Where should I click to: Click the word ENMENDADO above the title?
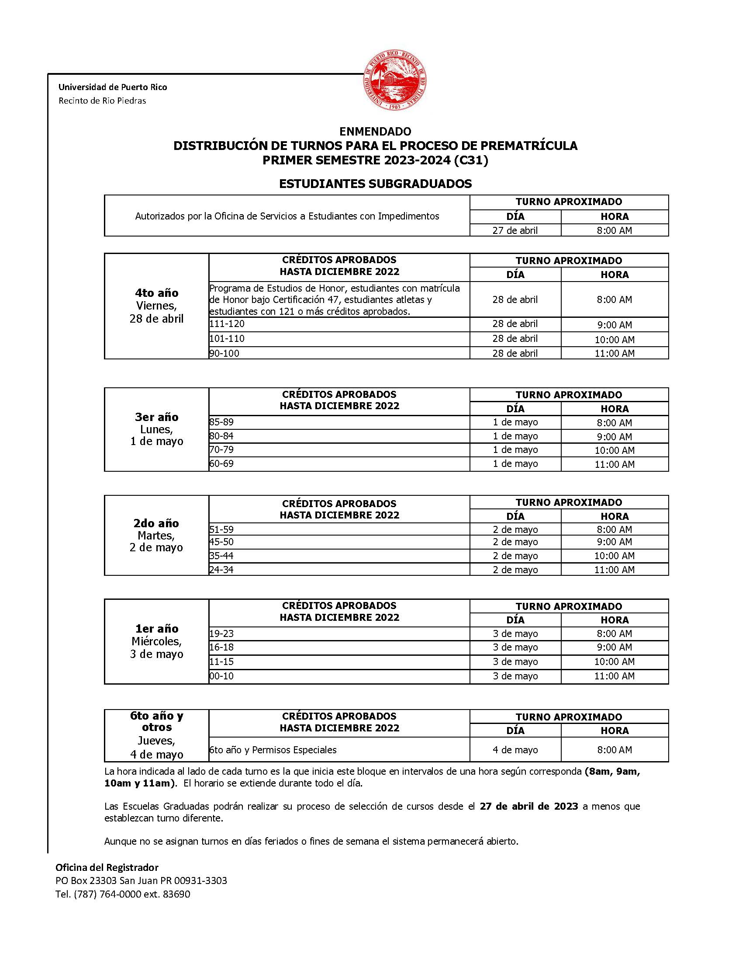(x=375, y=132)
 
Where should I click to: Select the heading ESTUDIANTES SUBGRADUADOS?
(x=375, y=184)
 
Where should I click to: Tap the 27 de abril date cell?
(x=515, y=230)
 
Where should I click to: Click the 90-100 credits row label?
(x=224, y=353)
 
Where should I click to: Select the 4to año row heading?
(x=156, y=293)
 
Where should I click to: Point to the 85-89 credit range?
(x=221, y=422)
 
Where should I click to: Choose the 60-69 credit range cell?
(x=221, y=463)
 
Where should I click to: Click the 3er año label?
(x=156, y=417)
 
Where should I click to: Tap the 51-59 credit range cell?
(x=221, y=529)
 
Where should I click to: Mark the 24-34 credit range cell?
(x=221, y=570)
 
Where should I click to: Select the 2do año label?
(x=156, y=523)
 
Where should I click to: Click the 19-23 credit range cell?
(x=221, y=633)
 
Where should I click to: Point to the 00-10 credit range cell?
(x=221, y=676)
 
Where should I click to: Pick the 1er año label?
(x=156, y=629)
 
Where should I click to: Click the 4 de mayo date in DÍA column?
(x=515, y=750)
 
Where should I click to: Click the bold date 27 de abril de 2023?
(x=529, y=806)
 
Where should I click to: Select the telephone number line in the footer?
(x=123, y=894)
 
